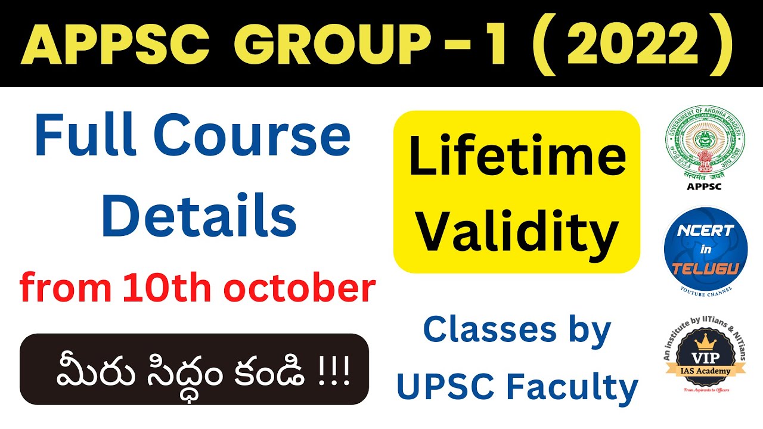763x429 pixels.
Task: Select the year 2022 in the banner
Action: coord(627,45)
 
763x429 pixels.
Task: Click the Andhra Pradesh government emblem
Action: coord(705,143)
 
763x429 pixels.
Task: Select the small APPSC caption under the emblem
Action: coord(705,186)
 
